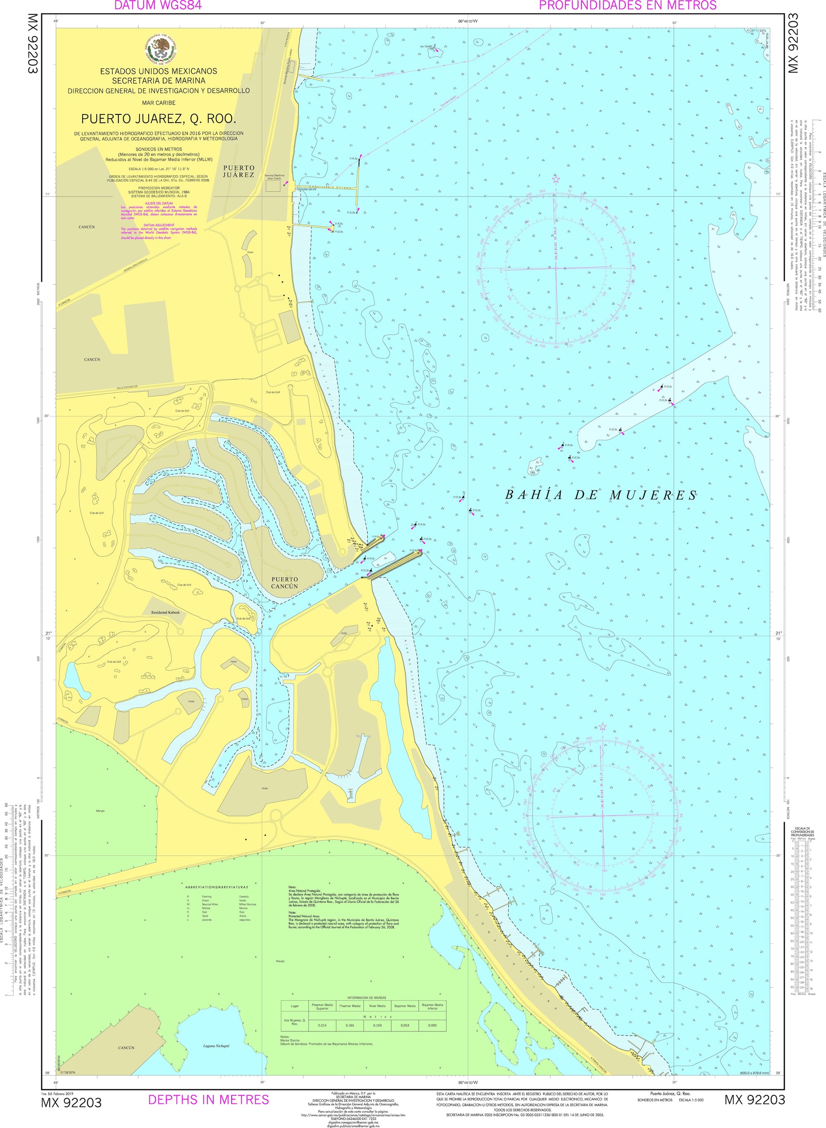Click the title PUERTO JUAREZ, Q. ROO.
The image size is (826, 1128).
(x=159, y=119)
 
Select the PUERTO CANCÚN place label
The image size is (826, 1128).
(x=285, y=583)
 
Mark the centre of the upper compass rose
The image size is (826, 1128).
(x=555, y=269)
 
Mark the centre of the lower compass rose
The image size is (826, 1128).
(x=603, y=816)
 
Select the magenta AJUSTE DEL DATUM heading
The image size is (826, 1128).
(x=159, y=204)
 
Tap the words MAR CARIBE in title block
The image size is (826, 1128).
(x=159, y=102)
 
